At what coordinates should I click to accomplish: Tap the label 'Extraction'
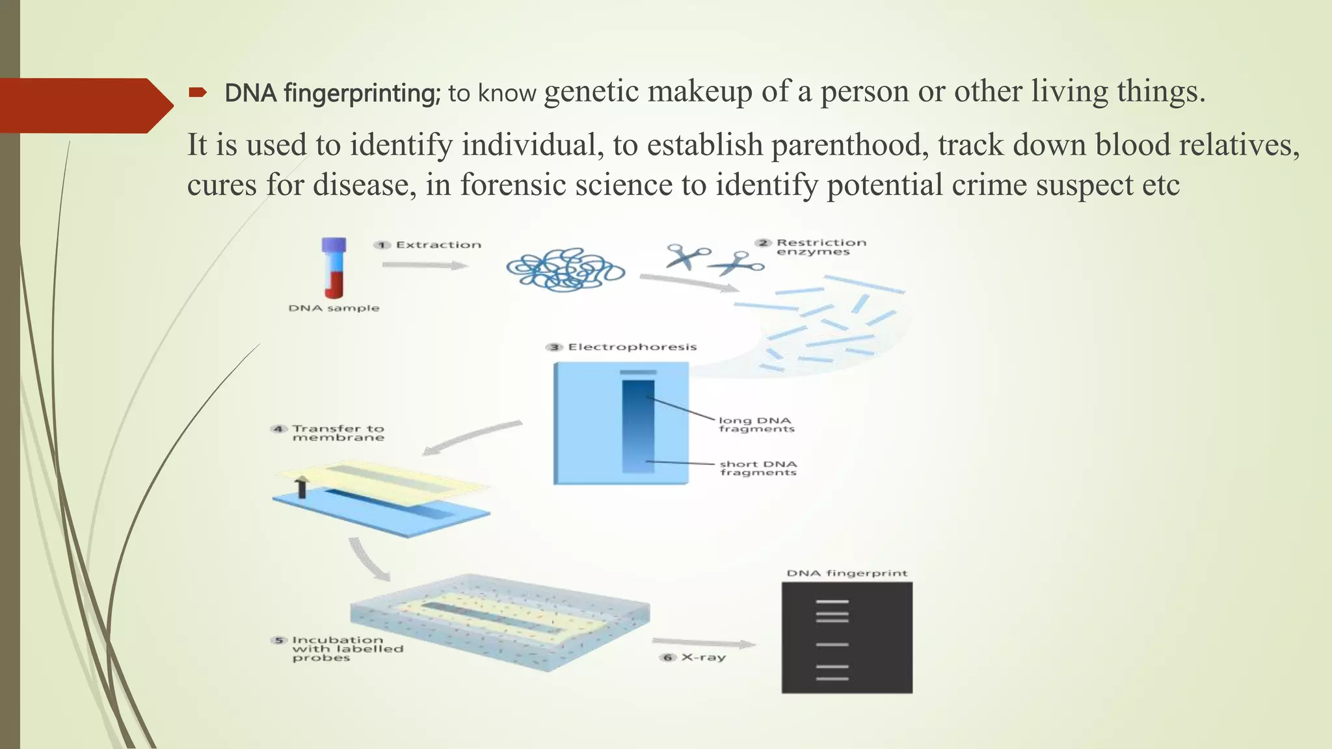point(438,245)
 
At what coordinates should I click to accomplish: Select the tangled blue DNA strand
point(565,269)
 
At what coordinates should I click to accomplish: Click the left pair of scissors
point(686,256)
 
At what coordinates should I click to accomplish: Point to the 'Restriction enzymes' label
point(820,247)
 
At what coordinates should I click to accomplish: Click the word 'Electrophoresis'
point(632,347)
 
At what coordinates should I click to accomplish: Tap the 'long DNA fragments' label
point(756,425)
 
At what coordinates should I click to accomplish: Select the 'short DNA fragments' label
point(758,468)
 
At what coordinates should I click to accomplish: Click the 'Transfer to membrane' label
point(338,433)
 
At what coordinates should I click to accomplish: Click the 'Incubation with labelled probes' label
point(347,649)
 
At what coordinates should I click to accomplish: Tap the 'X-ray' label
point(703,657)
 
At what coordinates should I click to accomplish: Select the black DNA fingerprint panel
point(847,637)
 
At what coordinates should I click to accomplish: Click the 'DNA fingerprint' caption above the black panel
point(846,573)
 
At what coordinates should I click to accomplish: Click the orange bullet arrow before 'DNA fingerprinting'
point(198,93)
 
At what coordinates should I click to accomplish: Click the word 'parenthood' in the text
point(850,145)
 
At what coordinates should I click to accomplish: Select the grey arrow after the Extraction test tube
point(425,265)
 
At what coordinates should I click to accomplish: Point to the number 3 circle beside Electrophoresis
point(554,347)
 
